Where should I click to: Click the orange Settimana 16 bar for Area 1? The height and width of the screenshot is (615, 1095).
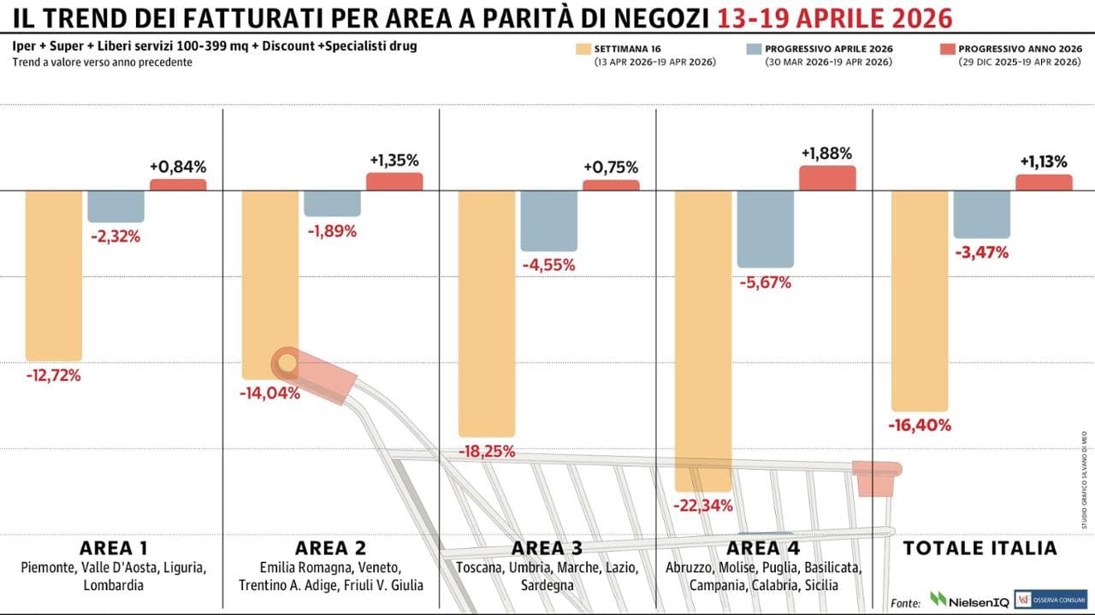[x=54, y=275]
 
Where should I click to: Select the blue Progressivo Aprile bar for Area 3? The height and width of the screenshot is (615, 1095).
[x=548, y=220]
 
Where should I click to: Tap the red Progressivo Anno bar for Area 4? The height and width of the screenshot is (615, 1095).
[x=827, y=178]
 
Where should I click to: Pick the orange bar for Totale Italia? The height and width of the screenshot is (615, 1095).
[x=920, y=300]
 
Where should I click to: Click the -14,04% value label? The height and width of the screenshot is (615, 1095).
[x=270, y=393]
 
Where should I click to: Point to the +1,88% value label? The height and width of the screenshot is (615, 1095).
[x=826, y=154]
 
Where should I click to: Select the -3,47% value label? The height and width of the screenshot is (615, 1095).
[x=981, y=252]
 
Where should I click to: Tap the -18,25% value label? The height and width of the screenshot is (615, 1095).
[x=487, y=452]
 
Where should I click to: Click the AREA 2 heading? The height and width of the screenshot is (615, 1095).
[x=330, y=548]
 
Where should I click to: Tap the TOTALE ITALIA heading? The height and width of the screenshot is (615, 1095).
[x=980, y=548]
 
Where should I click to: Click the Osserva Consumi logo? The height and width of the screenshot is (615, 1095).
[x=1050, y=600]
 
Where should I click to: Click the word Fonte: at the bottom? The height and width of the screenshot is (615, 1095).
[x=906, y=602]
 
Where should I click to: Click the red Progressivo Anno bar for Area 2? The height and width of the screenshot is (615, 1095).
[x=394, y=181]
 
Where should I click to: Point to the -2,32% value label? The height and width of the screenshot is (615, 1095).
[x=115, y=237]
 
